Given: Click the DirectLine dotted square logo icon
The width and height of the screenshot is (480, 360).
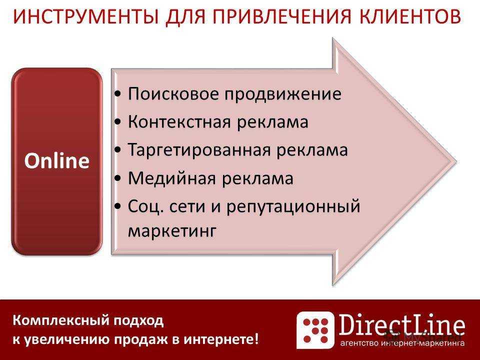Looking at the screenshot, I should tap(315, 329).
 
